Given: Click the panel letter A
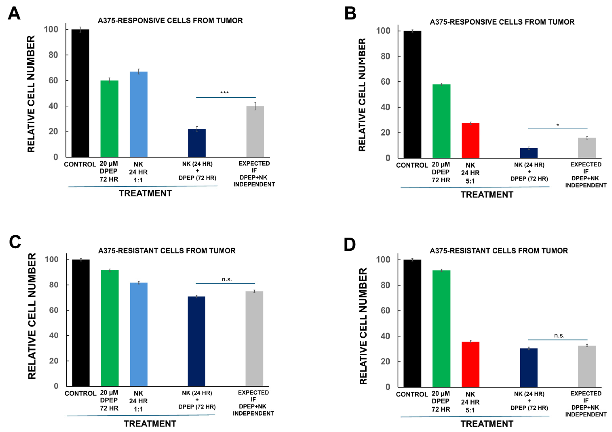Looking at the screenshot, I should pos(14,13).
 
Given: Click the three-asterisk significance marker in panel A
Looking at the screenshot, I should pos(224,93).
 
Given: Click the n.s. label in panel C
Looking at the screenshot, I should pos(227,279).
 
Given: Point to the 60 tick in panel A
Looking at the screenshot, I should pos(53,81).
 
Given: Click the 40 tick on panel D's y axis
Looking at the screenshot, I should pos(385,336).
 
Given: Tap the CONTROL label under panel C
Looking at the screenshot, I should pos(80,393).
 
